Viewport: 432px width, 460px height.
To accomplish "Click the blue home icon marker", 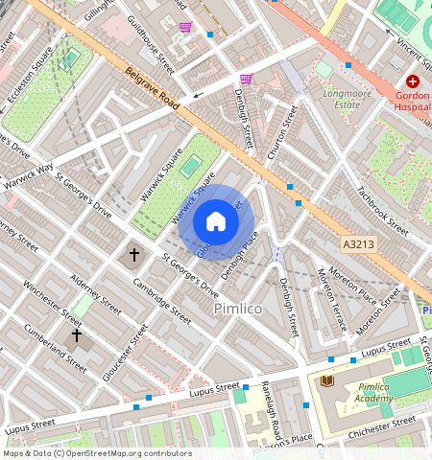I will tap(216, 221).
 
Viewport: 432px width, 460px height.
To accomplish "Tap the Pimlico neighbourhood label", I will tap(237, 309).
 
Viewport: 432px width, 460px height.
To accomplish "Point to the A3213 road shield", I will tap(356, 246).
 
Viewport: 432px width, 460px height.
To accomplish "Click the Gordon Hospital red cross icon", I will tap(413, 82).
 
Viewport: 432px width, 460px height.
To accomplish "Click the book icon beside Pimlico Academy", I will tap(326, 381).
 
